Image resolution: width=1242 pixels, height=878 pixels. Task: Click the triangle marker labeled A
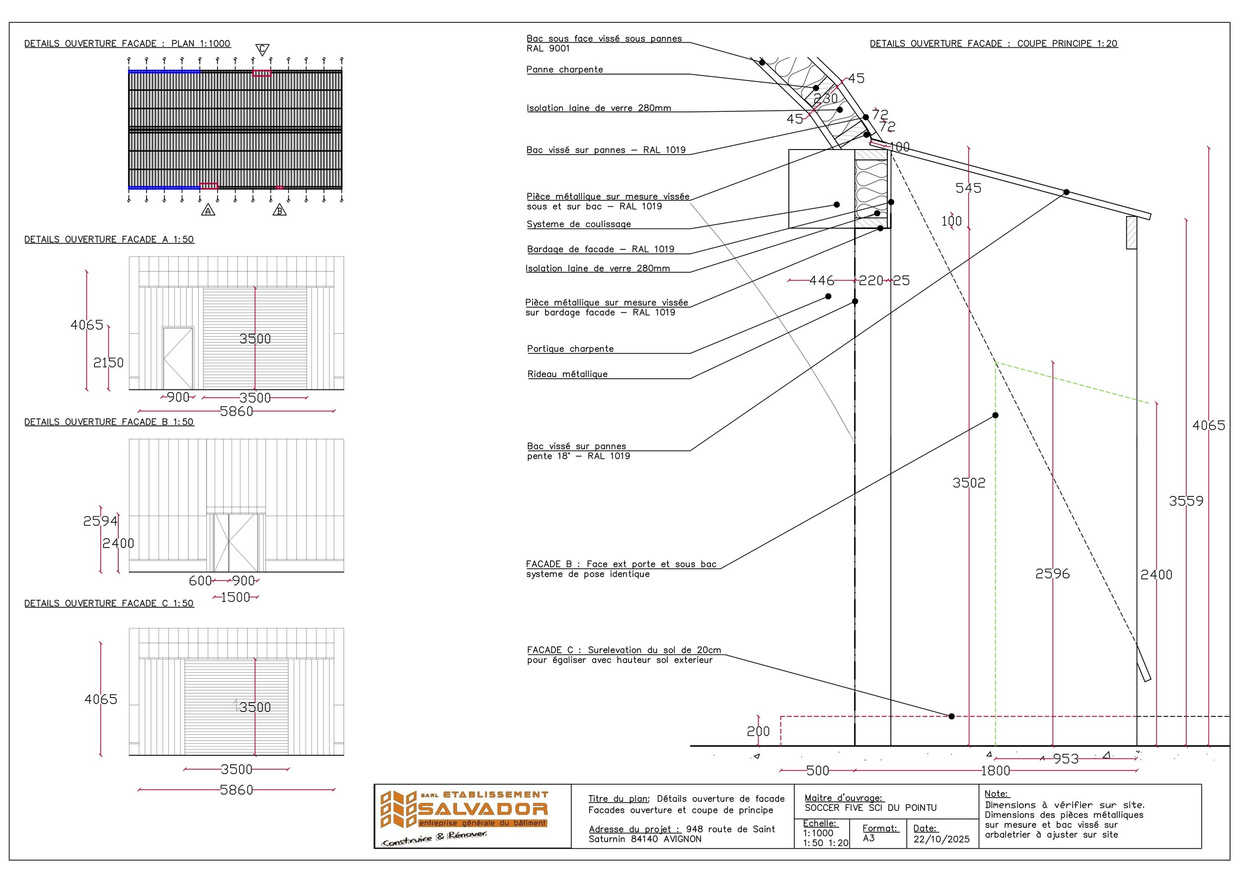tap(208, 211)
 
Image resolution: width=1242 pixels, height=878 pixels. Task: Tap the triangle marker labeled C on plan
tap(262, 50)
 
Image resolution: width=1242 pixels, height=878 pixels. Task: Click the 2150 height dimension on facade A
tap(108, 362)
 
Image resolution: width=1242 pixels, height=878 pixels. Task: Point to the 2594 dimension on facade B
tap(100, 521)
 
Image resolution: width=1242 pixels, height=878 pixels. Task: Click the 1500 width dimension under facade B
tap(235, 597)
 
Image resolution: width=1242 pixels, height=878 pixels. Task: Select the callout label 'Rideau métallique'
tap(567, 374)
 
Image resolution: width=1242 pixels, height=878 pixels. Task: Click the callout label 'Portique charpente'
tap(570, 349)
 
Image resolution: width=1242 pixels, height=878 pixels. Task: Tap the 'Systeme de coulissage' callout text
tap(578, 224)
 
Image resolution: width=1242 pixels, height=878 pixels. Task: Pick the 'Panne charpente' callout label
tap(564, 69)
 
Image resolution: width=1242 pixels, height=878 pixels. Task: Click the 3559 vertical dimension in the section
tap(1186, 501)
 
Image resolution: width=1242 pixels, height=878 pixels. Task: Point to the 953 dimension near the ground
tap(1066, 759)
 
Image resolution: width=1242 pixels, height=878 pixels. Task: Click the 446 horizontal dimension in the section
tap(821, 280)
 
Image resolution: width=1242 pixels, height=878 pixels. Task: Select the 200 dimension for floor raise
tap(758, 731)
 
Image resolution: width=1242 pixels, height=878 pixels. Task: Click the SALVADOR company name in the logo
tap(482, 809)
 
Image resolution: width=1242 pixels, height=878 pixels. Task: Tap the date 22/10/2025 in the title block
tap(941, 839)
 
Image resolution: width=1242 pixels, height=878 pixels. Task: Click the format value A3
tap(868, 838)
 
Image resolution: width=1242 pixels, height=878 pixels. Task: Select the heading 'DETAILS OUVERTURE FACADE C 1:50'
tap(109, 603)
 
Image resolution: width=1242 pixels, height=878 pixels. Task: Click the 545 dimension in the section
tap(968, 188)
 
